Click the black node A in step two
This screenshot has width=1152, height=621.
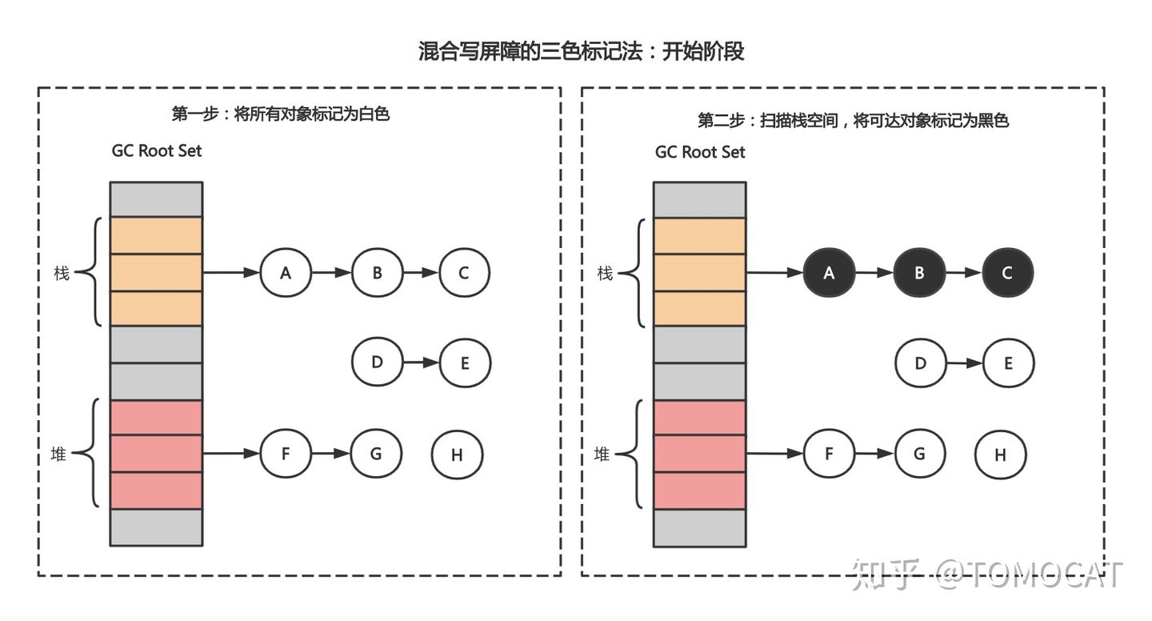point(829,273)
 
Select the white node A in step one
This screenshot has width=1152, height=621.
point(286,273)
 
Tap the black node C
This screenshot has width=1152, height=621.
point(1007,273)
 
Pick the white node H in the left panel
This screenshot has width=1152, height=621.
point(457,455)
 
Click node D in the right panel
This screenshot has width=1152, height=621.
point(920,363)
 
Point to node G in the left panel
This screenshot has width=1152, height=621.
point(376,454)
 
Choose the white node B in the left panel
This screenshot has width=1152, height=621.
point(376,273)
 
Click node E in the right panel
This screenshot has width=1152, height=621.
point(1008,363)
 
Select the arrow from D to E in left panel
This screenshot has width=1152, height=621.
point(420,363)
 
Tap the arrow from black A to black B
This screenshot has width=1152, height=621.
point(874,273)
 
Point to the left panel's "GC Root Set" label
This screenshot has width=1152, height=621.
point(157,151)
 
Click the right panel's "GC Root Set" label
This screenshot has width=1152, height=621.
point(700,151)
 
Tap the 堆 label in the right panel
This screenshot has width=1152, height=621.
point(602,455)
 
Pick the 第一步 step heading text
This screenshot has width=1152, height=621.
point(281,114)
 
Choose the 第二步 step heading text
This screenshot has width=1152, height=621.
point(853,120)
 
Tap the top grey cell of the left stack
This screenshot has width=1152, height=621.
point(156,199)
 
